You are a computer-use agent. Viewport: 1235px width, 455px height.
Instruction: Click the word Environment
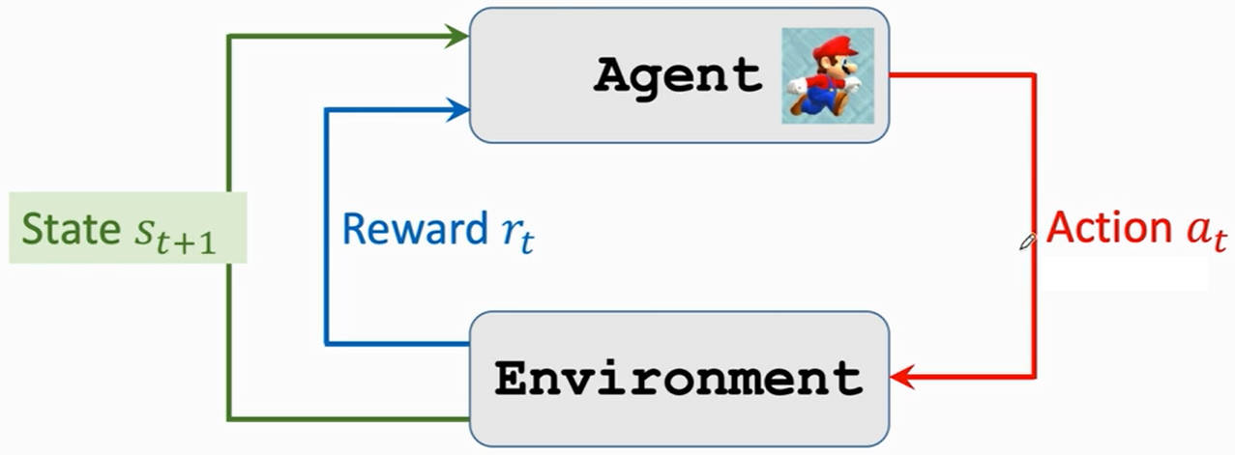679,379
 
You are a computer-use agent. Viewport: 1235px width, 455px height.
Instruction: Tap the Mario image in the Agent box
828,75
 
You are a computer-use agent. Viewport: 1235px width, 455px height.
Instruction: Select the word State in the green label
72,228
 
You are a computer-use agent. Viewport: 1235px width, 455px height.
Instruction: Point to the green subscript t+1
186,242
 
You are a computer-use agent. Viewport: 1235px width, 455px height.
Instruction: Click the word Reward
415,228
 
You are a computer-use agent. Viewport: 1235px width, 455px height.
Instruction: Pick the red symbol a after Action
1198,230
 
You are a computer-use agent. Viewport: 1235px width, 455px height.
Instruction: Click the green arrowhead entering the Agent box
456,37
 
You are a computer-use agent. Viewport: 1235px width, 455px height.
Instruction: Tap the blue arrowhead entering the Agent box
457,109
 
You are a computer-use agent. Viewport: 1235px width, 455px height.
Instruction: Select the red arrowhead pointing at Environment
902,378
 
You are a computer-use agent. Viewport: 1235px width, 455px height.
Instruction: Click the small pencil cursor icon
1028,242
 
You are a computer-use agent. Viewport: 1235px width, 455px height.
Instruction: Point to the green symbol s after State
144,232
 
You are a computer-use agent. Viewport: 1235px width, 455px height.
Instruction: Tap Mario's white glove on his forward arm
852,84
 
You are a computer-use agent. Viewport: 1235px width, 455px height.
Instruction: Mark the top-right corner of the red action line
1034,75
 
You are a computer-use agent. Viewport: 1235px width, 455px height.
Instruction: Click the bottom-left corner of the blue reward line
327,344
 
